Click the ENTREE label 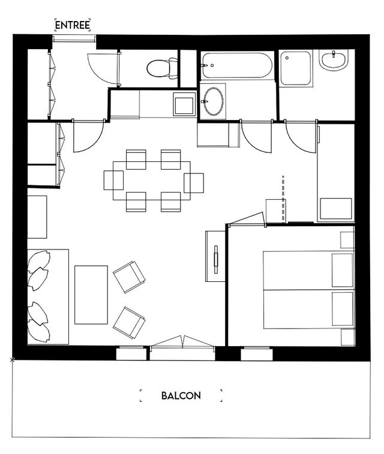pyautogui.click(x=73, y=25)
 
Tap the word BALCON pyautogui.click(x=181, y=395)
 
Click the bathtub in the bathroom pyautogui.click(x=236, y=65)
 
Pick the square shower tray pyautogui.click(x=296, y=68)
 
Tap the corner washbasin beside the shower pyautogui.click(x=334, y=60)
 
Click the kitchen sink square pyautogui.click(x=184, y=104)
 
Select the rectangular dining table pyautogui.click(x=151, y=181)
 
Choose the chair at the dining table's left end pyautogui.click(x=113, y=181)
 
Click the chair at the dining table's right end pyautogui.click(x=194, y=183)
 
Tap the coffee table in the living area pyautogui.click(x=91, y=294)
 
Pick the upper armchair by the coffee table pyautogui.click(x=129, y=277)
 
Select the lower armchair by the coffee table pyautogui.click(x=129, y=323)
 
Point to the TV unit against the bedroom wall pyautogui.click(x=215, y=256)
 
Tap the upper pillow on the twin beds pyautogui.click(x=342, y=270)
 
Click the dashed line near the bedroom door pyautogui.click(x=283, y=199)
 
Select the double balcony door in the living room pyautogui.click(x=182, y=342)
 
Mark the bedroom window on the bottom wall pyautogui.click(x=257, y=353)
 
